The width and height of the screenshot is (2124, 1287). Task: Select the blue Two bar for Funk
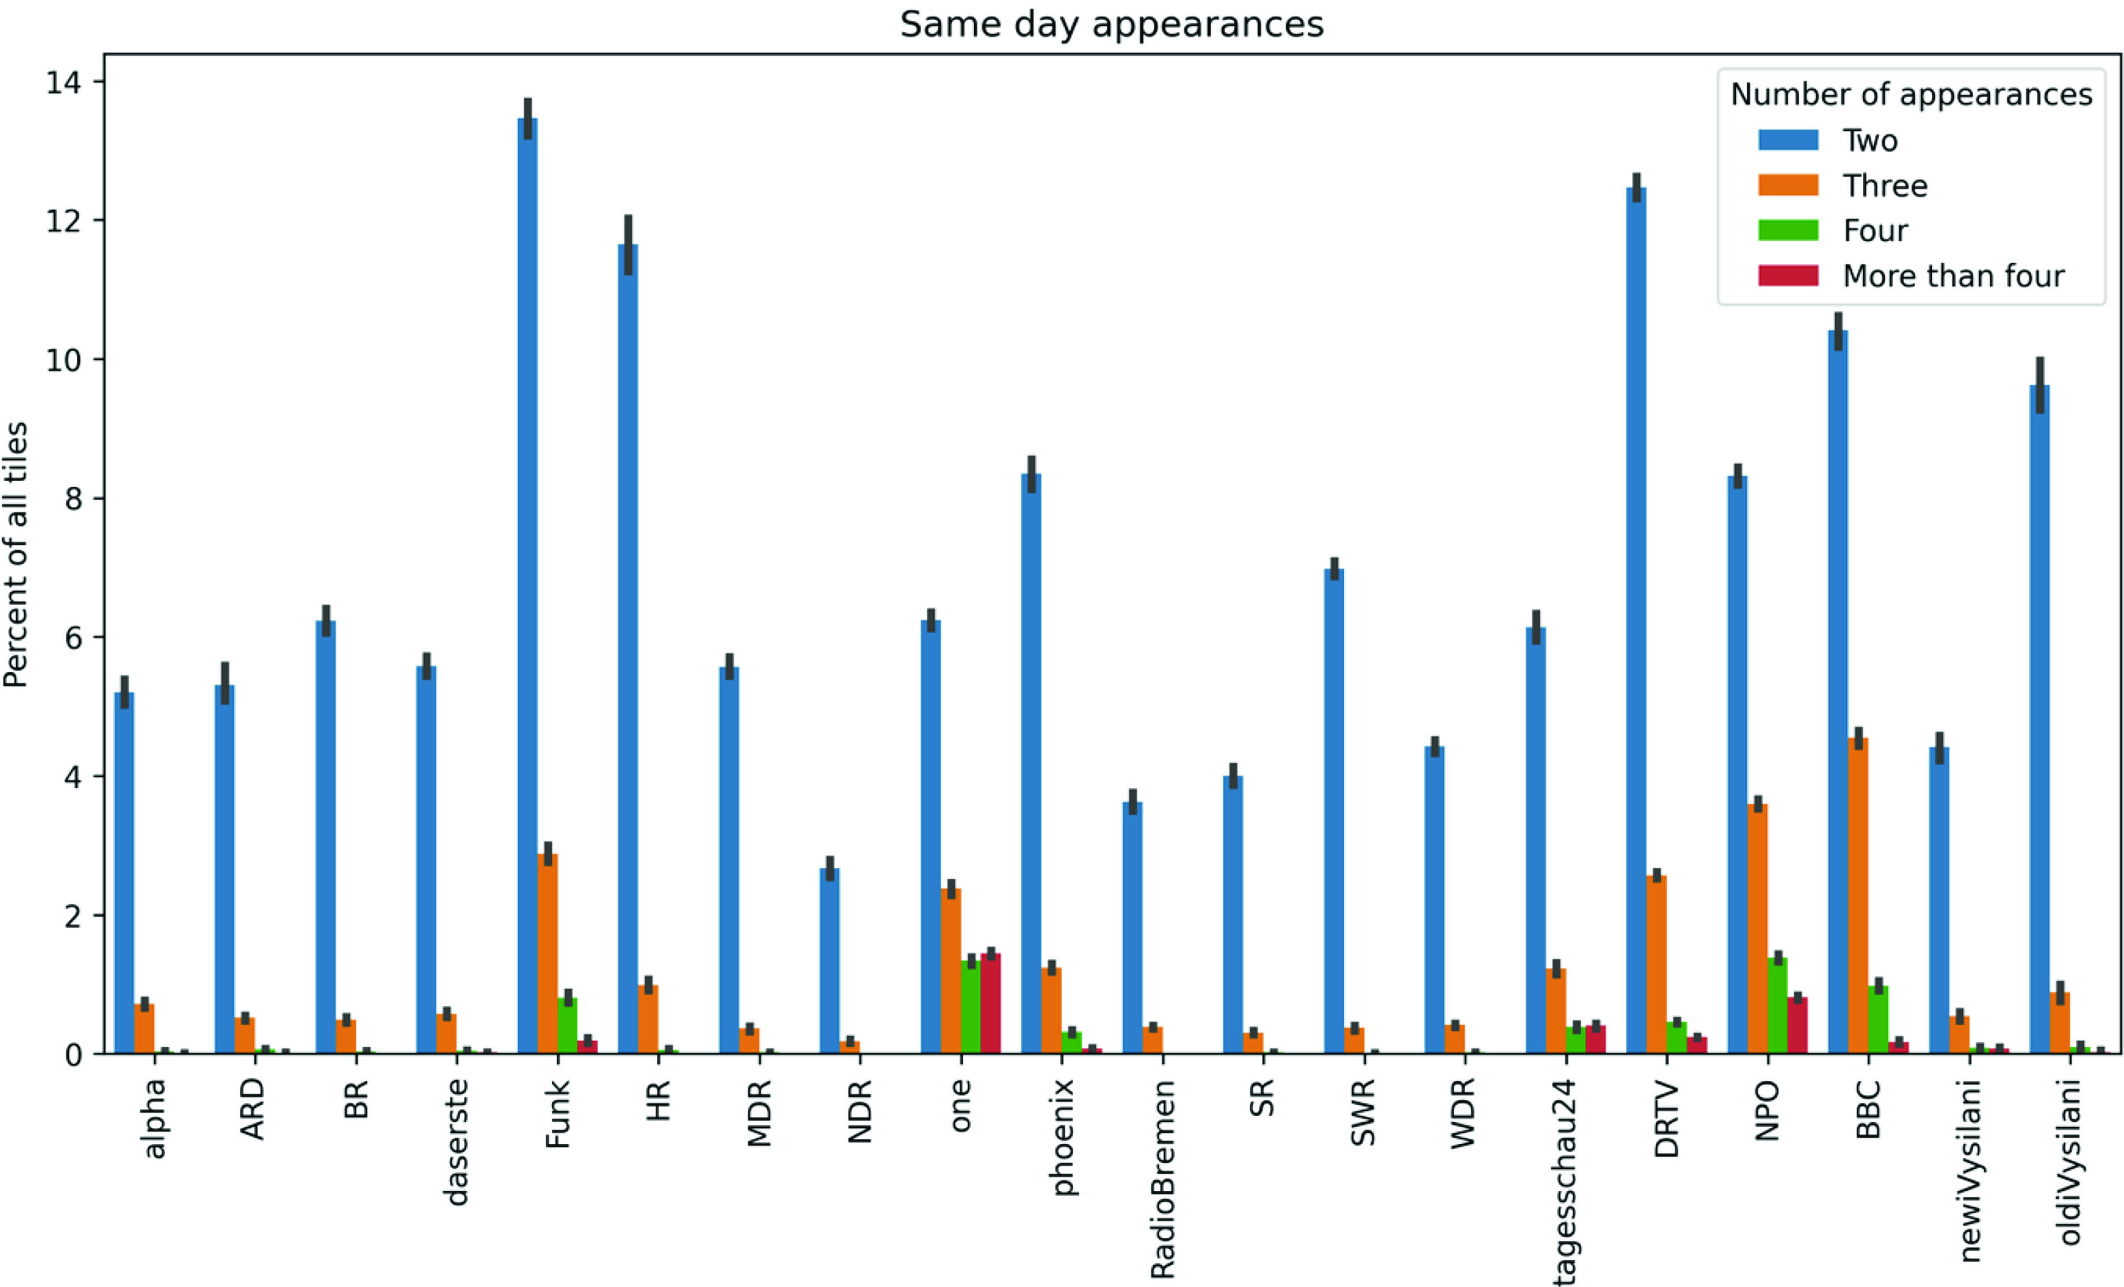pos(528,586)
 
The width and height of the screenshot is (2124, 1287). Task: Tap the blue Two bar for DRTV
pos(1636,621)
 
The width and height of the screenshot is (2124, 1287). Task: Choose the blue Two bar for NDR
pos(829,961)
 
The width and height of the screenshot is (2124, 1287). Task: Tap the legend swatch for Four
pos(1788,230)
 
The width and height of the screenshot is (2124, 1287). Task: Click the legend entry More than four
pos(1952,276)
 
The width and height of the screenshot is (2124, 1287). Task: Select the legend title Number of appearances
pos(1911,94)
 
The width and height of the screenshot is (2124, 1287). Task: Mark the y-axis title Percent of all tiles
pos(16,554)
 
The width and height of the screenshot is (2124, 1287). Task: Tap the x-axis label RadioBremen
pos(1163,1179)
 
